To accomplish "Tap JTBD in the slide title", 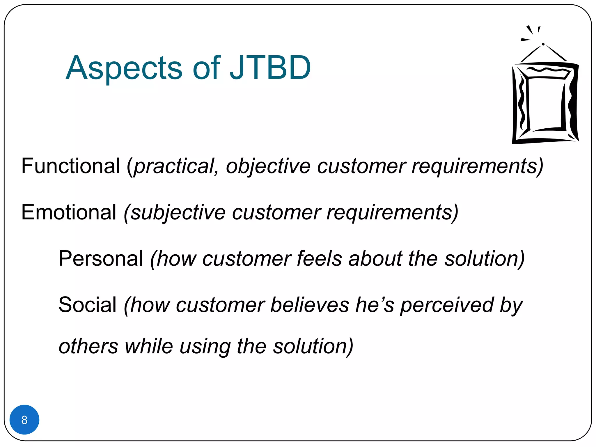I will pyautogui.click(x=270, y=68).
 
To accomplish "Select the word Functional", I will pyautogui.click(x=71, y=166).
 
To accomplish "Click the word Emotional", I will pyautogui.click(x=69, y=212).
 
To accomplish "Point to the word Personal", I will pyautogui.click(x=101, y=258).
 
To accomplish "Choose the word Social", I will pyautogui.click(x=87, y=305).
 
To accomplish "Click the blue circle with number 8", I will pyautogui.click(x=24, y=420).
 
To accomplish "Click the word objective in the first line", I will pyautogui.click(x=268, y=166).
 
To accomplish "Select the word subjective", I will pyautogui.click(x=178, y=213).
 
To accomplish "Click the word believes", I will pyautogui.click(x=310, y=305).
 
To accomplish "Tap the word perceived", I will pyautogui.click(x=447, y=305).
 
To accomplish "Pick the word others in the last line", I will pyautogui.click(x=88, y=346).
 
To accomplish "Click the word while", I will pyautogui.click(x=149, y=346).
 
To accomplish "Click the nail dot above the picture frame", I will pyautogui.click(x=543, y=44).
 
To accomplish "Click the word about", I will pyautogui.click(x=375, y=258).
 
